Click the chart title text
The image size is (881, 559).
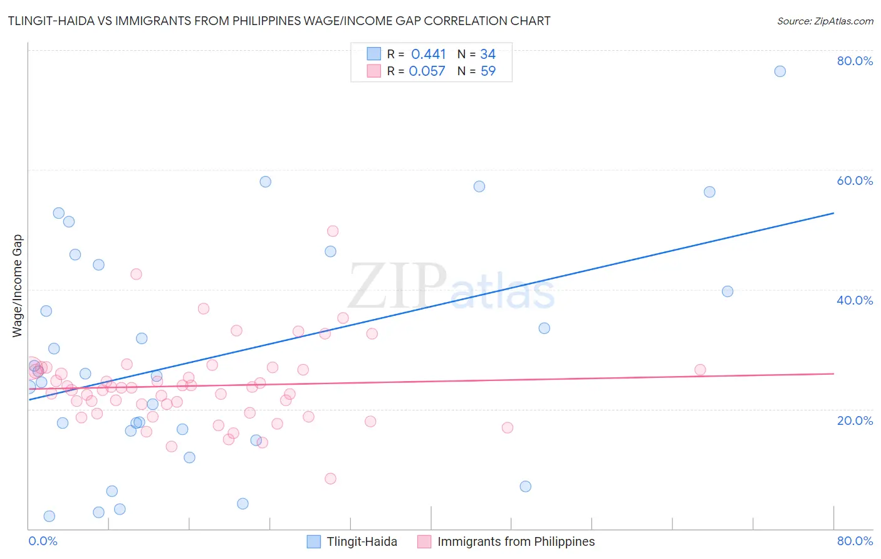click(x=279, y=21)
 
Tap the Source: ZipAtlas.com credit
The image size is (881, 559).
click(x=825, y=21)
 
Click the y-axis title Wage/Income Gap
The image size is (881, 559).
click(x=18, y=286)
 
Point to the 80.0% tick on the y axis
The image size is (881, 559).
click(x=855, y=61)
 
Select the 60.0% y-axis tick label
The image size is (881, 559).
click(x=855, y=180)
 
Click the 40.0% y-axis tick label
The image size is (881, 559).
click(x=855, y=300)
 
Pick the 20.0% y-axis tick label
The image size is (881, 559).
click(x=855, y=421)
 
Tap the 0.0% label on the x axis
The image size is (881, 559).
click(x=43, y=541)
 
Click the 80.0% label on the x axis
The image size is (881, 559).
click(x=855, y=541)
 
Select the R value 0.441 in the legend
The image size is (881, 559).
click(x=429, y=55)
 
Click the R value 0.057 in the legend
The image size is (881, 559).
click(x=427, y=71)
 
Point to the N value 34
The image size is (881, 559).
click(x=487, y=55)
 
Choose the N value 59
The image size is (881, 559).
click(x=487, y=71)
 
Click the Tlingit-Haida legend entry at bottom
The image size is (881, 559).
click(x=362, y=541)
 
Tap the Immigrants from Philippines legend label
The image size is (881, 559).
click(x=516, y=541)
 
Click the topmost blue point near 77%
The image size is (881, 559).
click(x=779, y=71)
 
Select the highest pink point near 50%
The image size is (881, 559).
click(x=333, y=231)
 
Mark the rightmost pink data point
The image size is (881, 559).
click(x=700, y=370)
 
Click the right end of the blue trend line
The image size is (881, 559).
click(x=833, y=213)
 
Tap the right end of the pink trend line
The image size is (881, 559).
click(x=833, y=374)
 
